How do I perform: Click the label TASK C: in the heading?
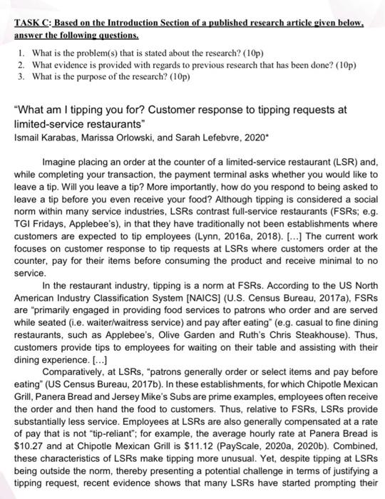(31, 24)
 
